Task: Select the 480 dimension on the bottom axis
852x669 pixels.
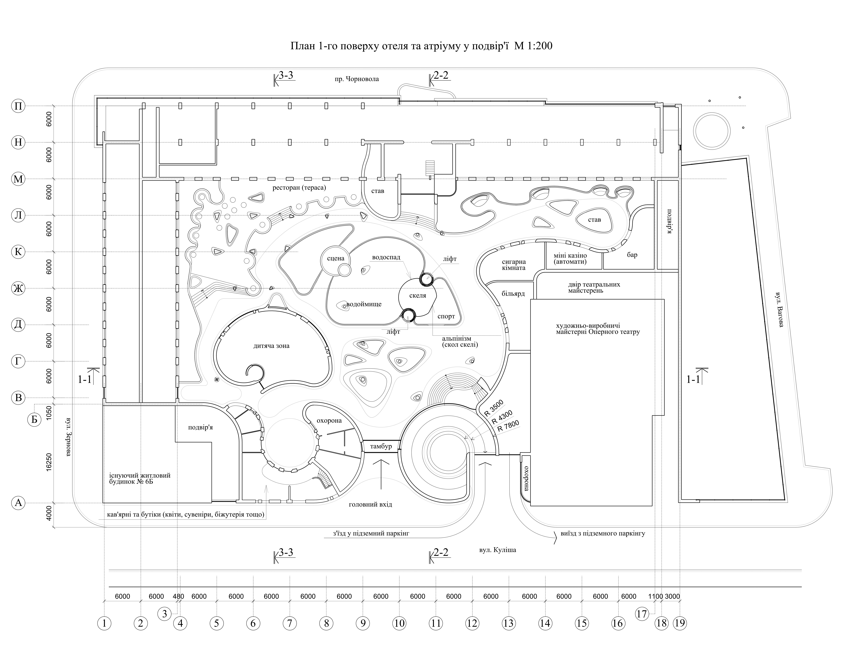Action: [178, 596]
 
